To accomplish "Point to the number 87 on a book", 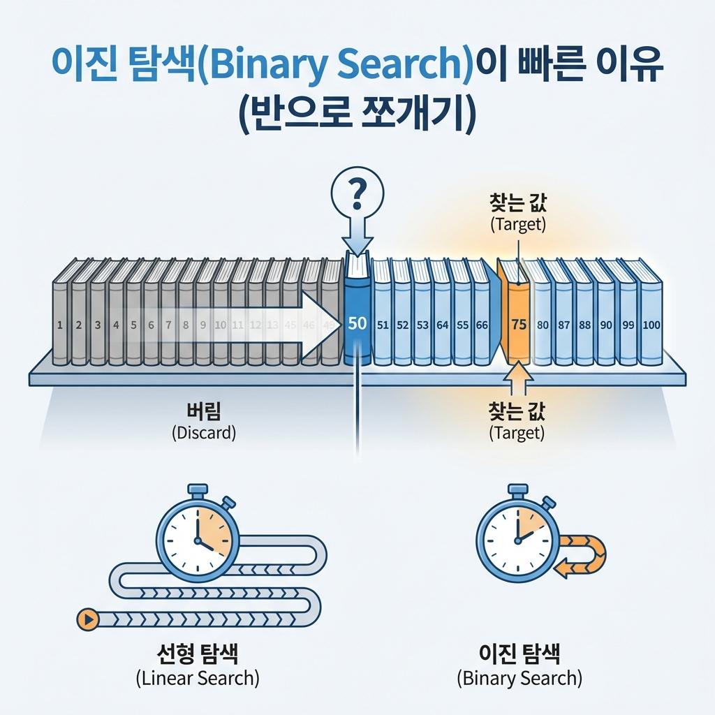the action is (x=565, y=325).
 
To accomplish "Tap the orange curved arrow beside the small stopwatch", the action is (x=582, y=556).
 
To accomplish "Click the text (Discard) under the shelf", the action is (x=204, y=432).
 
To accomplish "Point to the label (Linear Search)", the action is (x=196, y=677).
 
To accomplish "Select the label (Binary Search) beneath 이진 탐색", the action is (x=519, y=677).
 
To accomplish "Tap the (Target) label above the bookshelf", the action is (x=517, y=225).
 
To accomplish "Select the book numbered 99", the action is (x=628, y=325).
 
